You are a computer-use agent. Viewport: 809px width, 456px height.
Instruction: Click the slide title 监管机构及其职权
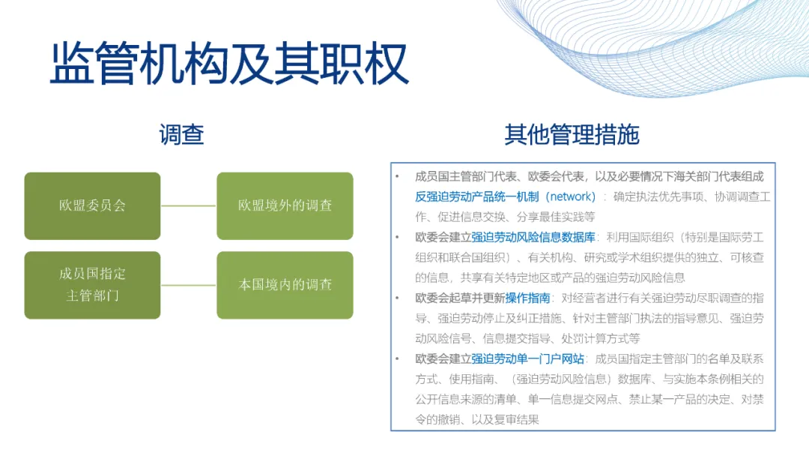coord(230,64)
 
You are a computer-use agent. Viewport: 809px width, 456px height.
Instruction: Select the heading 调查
coord(181,135)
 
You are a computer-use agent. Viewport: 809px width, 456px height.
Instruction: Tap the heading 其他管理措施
coord(572,135)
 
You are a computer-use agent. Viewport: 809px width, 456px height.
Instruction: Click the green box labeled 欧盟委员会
coord(92,205)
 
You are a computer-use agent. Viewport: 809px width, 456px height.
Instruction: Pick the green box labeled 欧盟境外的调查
coord(285,205)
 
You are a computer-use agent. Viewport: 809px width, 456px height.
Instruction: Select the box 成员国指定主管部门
coord(92,285)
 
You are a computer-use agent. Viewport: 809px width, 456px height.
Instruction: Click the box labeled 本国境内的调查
coord(285,285)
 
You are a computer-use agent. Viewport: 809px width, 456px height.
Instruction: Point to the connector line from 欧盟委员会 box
coord(189,205)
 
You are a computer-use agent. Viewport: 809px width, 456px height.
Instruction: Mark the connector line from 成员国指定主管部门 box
coord(189,285)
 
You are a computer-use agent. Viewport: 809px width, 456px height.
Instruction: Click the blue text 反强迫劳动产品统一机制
coord(477,196)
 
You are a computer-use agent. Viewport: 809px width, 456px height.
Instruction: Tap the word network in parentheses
coord(572,196)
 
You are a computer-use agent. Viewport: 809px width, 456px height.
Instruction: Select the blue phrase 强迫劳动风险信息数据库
coord(533,237)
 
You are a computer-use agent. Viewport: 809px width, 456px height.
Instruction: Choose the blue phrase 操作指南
coord(528,298)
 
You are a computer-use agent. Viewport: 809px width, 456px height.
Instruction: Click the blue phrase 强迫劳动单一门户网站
coord(527,359)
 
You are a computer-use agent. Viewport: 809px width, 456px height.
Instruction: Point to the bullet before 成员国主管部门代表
coord(397,176)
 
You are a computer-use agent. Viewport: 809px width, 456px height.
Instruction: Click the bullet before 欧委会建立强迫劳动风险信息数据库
coord(397,237)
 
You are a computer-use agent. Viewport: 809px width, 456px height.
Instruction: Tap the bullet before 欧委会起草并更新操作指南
coord(397,298)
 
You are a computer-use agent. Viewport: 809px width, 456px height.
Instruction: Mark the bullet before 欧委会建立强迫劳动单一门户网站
coord(397,359)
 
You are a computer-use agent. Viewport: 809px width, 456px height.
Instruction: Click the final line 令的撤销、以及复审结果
coord(477,420)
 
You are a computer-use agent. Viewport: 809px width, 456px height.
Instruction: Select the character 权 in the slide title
coord(387,64)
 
